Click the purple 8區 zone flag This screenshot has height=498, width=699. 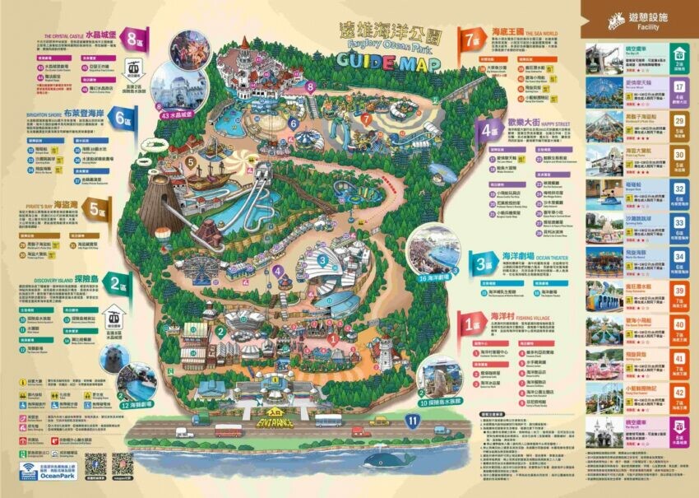132,37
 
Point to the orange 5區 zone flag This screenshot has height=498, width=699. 97,207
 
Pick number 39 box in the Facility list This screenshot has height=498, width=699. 679,291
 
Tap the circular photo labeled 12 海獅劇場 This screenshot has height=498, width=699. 136,384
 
